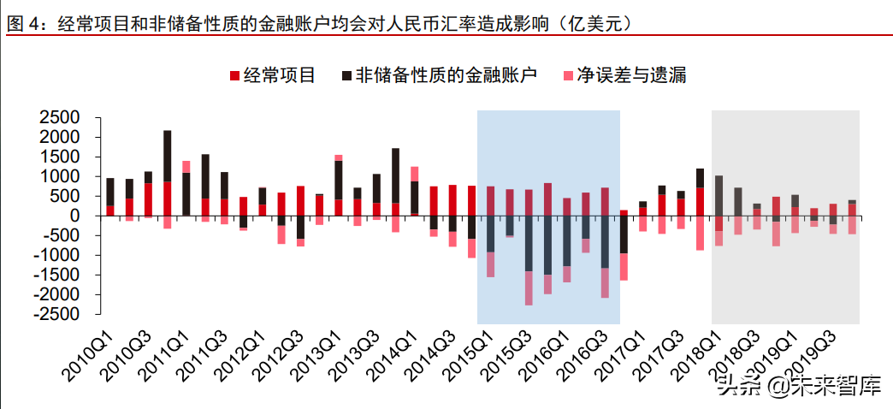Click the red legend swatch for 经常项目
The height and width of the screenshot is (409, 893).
point(234,76)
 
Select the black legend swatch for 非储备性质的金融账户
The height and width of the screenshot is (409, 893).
point(346,76)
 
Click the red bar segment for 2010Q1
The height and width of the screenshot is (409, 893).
point(109,210)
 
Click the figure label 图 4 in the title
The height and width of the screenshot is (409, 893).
point(25,25)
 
